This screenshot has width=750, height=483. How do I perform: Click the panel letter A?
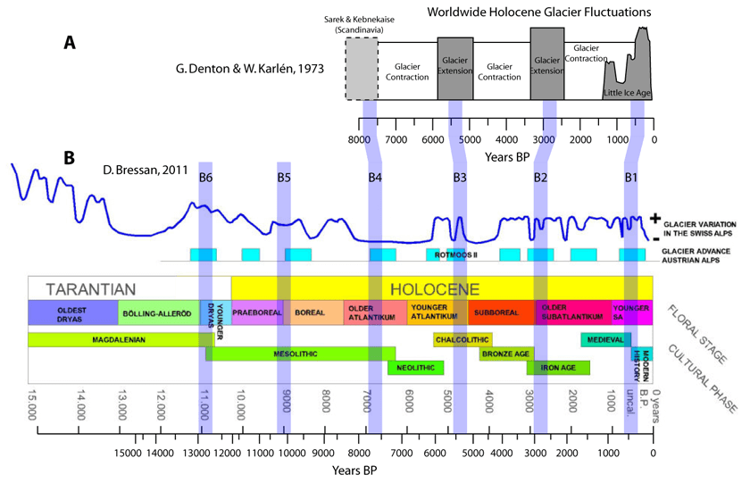click(x=71, y=42)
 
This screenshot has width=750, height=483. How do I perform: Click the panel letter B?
click(x=71, y=158)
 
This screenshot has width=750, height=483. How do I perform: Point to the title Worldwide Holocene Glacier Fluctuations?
click(x=539, y=12)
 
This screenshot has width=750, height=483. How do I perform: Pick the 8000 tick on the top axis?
click(x=359, y=140)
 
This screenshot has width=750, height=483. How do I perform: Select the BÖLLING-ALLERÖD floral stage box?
click(x=158, y=313)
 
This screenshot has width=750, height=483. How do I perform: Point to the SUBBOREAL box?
click(x=501, y=313)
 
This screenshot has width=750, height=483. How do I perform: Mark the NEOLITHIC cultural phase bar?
click(x=415, y=367)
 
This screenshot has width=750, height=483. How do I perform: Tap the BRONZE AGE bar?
click(x=506, y=354)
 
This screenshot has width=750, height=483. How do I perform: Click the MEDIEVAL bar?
click(x=605, y=339)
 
